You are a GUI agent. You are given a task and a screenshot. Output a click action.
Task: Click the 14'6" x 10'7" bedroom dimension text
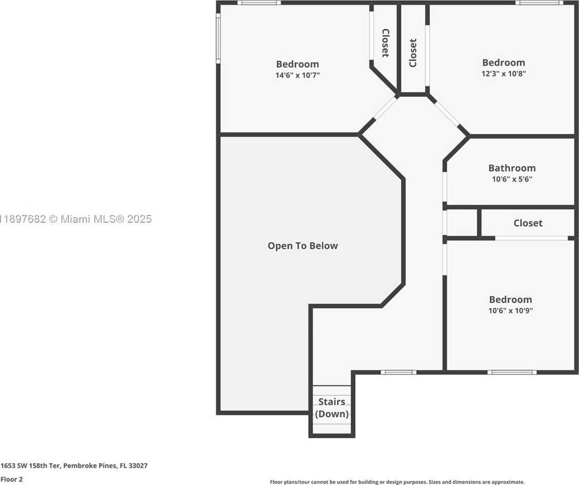[x=297, y=75]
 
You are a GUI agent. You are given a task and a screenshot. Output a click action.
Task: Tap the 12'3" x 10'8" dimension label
[x=504, y=73]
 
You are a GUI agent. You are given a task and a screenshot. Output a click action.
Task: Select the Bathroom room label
[x=512, y=168]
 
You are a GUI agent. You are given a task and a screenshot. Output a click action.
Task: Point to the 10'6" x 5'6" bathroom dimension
[x=512, y=180]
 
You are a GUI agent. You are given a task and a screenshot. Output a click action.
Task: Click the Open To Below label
[x=303, y=246]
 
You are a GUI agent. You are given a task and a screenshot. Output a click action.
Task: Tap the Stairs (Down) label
[x=332, y=408]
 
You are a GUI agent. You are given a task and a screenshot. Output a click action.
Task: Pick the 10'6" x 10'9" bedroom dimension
[x=510, y=311]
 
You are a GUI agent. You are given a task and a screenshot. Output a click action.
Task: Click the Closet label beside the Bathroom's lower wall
[x=528, y=223]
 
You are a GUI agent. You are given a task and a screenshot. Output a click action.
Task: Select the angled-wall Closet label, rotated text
[x=385, y=43]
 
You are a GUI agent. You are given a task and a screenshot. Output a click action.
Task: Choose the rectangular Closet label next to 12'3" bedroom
[x=413, y=53]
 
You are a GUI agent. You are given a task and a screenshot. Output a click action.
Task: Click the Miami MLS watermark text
[x=75, y=219]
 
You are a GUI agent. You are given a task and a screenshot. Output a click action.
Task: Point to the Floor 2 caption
[x=11, y=479]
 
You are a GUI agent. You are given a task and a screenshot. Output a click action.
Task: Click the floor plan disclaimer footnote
[x=397, y=482]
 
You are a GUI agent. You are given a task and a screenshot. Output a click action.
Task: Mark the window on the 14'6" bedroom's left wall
[x=218, y=38]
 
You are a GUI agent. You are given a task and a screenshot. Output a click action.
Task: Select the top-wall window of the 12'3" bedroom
[x=539, y=3]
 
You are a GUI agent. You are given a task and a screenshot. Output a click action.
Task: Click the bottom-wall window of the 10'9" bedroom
[x=512, y=372]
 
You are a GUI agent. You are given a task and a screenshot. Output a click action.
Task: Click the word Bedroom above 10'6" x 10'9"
[x=510, y=299]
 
